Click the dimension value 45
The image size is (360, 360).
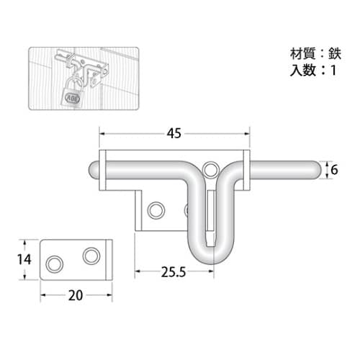(174, 133)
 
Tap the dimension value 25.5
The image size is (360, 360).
(174, 272)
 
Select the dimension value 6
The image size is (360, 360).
(334, 170)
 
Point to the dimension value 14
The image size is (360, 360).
(24, 259)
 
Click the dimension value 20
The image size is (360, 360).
(76, 295)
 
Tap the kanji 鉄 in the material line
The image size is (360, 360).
(335, 54)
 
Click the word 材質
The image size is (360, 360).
(302, 54)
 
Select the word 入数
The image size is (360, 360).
(302, 71)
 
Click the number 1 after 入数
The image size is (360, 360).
(333, 71)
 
